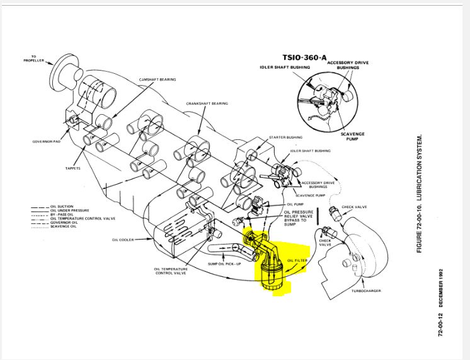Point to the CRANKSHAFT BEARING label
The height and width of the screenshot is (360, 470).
pyautogui.click(x=206, y=103)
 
